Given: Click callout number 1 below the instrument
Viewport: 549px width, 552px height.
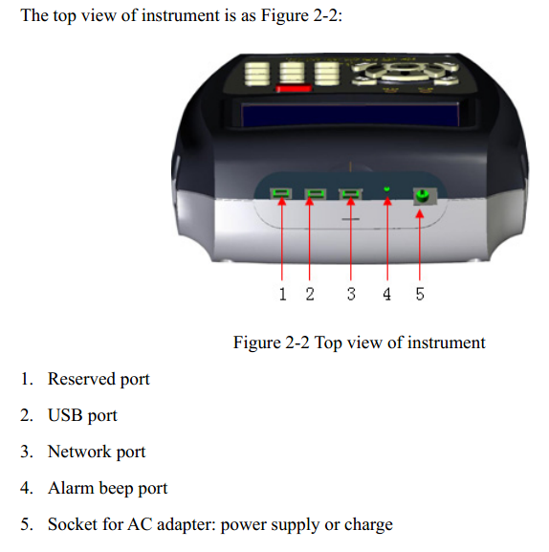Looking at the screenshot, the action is pyautogui.click(x=282, y=294).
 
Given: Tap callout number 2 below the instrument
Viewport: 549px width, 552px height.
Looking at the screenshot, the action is pyautogui.click(x=310, y=294).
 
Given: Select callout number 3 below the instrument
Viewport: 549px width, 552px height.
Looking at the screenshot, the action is pyautogui.click(x=351, y=294).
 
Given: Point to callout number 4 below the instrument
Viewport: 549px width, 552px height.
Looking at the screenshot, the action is pyautogui.click(x=386, y=294).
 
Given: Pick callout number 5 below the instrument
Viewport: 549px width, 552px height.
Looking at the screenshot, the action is pyautogui.click(x=420, y=294).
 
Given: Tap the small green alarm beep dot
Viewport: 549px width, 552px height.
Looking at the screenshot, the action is pyautogui.click(x=386, y=189).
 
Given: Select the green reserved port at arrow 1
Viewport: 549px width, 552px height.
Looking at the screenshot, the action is pyautogui.click(x=281, y=193).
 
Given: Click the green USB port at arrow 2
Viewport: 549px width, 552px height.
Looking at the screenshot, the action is pyautogui.click(x=315, y=193).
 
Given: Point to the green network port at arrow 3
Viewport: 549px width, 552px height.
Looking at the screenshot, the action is pyautogui.click(x=350, y=193).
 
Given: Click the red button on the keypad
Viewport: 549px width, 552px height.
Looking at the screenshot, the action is pyautogui.click(x=294, y=88).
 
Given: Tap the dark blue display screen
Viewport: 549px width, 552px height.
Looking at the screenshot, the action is pyautogui.click(x=350, y=115).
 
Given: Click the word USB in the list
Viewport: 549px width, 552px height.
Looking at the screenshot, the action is pyautogui.click(x=65, y=415).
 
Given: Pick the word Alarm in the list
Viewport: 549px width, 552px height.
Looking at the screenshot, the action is pyautogui.click(x=71, y=488).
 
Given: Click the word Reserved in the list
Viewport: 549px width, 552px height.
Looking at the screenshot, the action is pyautogui.click(x=81, y=379).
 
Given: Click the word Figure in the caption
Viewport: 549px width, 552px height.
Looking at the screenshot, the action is pyautogui.click(x=256, y=342).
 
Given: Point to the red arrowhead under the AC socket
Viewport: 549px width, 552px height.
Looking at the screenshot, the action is pyautogui.click(x=420, y=213).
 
